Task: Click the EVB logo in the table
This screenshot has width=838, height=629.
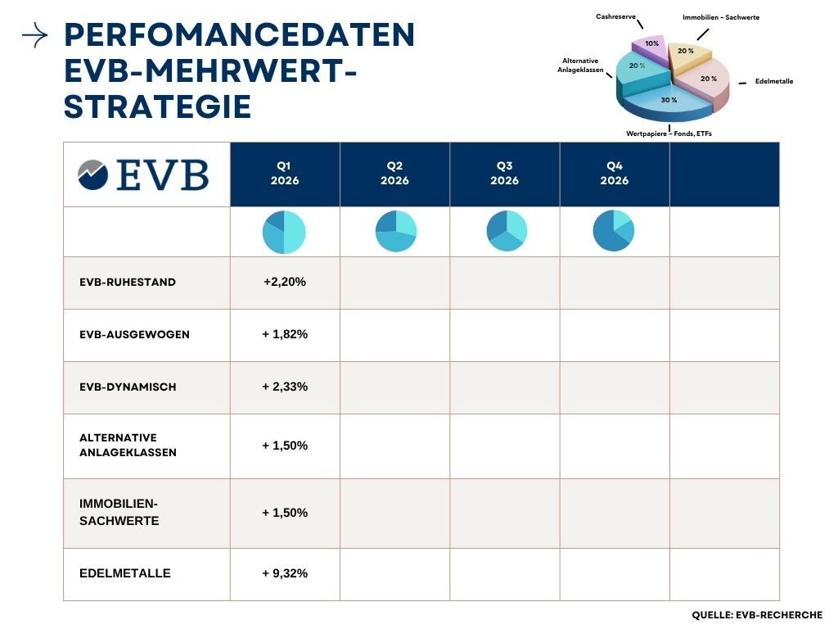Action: coord(143,174)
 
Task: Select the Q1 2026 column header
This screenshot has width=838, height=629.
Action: coord(285,174)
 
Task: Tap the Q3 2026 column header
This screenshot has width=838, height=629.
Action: coord(504,174)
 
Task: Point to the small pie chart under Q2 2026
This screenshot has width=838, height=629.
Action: coord(395,232)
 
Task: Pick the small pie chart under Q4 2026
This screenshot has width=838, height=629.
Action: coord(614,231)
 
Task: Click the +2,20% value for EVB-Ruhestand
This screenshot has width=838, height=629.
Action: coord(285,282)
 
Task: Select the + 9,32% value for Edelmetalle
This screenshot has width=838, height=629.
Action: coord(285,573)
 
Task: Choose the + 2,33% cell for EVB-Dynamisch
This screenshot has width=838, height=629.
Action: coord(285,387)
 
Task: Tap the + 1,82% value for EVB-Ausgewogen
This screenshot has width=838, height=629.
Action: coord(285,334)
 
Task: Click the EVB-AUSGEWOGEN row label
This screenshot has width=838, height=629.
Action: coord(134,334)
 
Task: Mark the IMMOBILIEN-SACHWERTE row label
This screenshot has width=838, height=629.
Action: coord(119,513)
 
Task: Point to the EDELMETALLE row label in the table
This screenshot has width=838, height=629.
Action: coord(125,573)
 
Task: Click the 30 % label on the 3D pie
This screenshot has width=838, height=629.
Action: coord(669,100)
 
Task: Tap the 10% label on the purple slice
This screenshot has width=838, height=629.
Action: coord(651,43)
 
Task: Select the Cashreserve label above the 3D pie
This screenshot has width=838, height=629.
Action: coord(614,16)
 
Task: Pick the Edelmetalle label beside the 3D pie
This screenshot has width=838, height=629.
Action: coord(774,81)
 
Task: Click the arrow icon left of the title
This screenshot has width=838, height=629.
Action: coord(35,35)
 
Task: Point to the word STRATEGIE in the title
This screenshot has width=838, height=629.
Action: coord(158,106)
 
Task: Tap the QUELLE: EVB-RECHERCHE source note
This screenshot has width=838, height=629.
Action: coord(757,614)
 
